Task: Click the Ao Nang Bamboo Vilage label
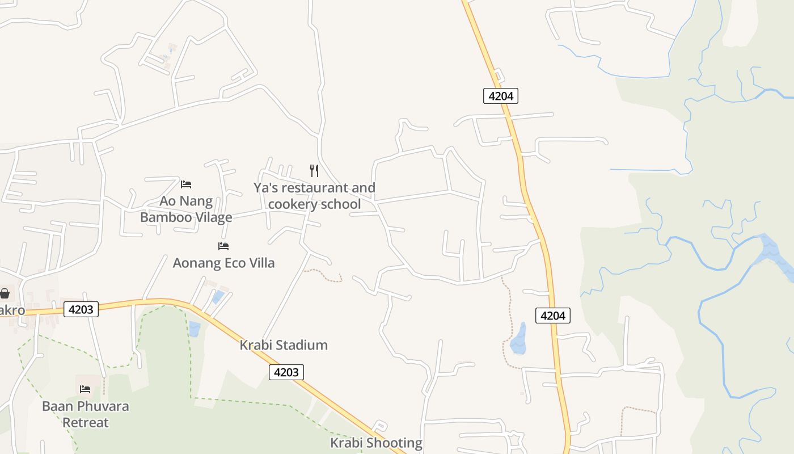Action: pos(186,209)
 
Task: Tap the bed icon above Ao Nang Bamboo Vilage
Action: pos(186,184)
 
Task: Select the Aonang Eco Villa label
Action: pos(223,263)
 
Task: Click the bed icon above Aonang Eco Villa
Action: pos(223,246)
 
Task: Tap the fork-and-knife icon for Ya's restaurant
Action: pos(314,170)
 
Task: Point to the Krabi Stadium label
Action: pos(284,345)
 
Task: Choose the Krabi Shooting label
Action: pos(377,443)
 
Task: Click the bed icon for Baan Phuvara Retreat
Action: pos(85,389)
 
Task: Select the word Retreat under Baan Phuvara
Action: pos(85,423)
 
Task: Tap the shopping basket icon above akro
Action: pos(5,293)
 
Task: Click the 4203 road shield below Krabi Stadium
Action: pos(286,372)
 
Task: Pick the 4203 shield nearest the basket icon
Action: pos(81,309)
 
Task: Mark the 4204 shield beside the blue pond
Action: pos(552,316)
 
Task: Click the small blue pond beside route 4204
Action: pos(519,339)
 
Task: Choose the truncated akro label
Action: pos(12,310)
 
